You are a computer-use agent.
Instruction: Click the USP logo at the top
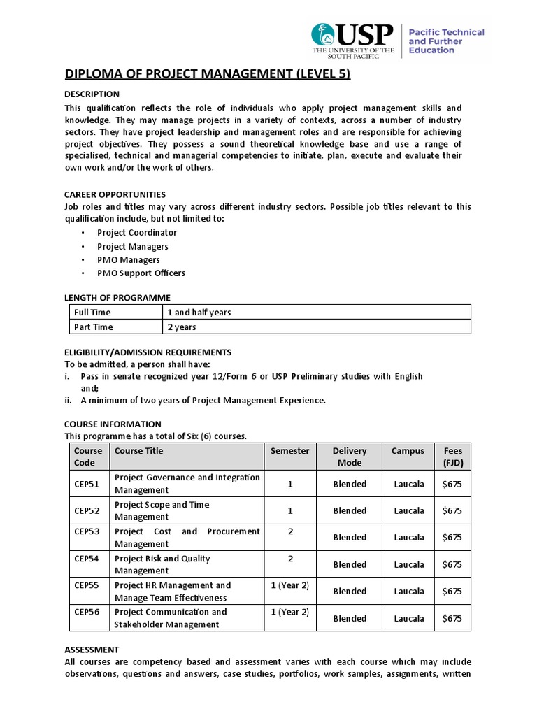[x=354, y=41]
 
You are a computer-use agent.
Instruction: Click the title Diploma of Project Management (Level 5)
[x=208, y=73]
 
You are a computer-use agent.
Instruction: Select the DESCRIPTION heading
[x=92, y=94]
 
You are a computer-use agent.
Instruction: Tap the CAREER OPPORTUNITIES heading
[x=115, y=194]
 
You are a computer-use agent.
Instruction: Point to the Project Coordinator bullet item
[x=137, y=233]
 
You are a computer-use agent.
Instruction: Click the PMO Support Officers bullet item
[x=141, y=273]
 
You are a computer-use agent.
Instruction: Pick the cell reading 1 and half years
[x=199, y=313]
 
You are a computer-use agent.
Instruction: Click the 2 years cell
[x=181, y=327]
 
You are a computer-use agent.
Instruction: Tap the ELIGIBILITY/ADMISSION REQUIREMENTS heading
[x=148, y=352]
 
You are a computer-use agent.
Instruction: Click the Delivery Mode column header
[x=350, y=457]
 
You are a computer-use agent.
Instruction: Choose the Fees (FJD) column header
[x=452, y=457]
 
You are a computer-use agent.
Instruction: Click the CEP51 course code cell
[x=87, y=484]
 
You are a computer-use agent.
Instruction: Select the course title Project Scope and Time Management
[x=162, y=510]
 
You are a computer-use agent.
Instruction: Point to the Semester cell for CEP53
[x=290, y=531]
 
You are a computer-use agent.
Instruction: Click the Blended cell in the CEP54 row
[x=350, y=564]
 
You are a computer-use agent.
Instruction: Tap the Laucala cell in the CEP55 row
[x=408, y=591]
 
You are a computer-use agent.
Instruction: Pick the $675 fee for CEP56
[x=452, y=618]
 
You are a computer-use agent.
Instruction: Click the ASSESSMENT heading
[x=92, y=650]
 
